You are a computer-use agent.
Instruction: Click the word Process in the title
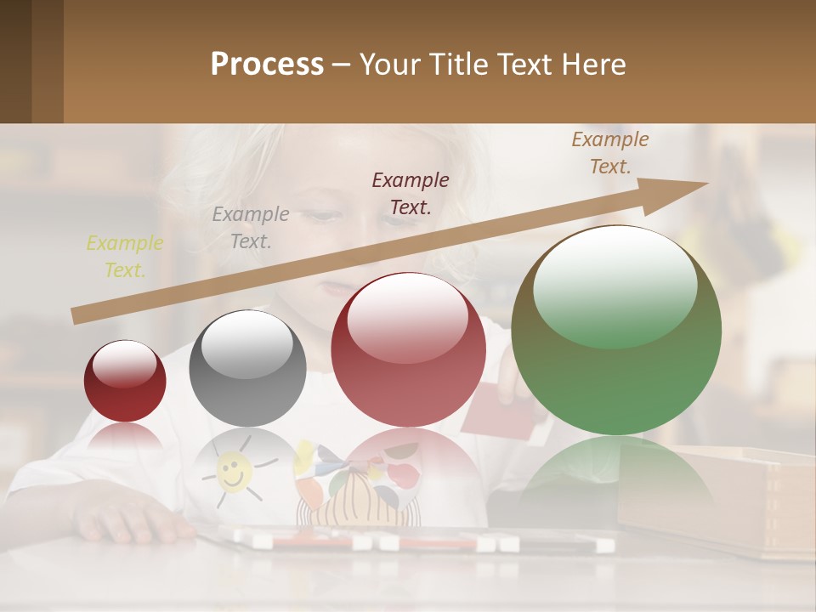click(267, 65)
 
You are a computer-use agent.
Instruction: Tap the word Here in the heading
click(593, 65)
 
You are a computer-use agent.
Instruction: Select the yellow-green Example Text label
click(124, 257)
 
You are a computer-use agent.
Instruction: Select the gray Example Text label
click(250, 228)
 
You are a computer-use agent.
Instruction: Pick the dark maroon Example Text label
click(411, 193)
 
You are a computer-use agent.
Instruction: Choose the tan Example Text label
click(609, 153)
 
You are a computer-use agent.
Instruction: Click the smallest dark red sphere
click(125, 382)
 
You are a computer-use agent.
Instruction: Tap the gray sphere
click(247, 368)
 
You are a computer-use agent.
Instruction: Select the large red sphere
click(408, 349)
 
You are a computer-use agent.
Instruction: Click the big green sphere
click(616, 331)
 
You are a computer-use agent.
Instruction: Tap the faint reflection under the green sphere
click(616, 472)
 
